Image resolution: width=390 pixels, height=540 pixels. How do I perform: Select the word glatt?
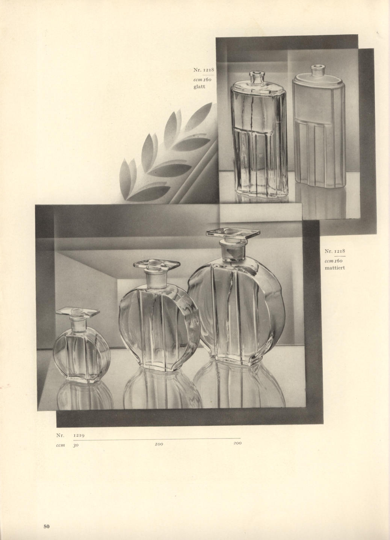200,86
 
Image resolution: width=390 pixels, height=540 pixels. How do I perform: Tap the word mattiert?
335,268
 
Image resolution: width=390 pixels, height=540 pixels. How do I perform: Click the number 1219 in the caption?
79,436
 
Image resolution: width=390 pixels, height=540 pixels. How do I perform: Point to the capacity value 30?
76,446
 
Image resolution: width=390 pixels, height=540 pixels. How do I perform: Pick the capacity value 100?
159,444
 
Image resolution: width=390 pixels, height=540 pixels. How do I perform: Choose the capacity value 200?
237,443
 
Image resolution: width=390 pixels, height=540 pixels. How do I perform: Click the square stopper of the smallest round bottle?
78,312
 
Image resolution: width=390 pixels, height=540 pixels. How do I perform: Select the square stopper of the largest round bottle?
233,233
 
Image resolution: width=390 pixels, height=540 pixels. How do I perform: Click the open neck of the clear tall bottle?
255,77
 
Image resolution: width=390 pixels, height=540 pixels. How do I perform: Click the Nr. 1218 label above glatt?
204,70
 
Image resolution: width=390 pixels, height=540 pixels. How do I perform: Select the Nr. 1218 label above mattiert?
335,251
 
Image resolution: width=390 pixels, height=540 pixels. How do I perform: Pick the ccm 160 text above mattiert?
333,261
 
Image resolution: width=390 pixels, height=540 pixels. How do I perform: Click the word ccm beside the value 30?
60,445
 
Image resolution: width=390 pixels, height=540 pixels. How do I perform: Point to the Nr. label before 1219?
60,436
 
